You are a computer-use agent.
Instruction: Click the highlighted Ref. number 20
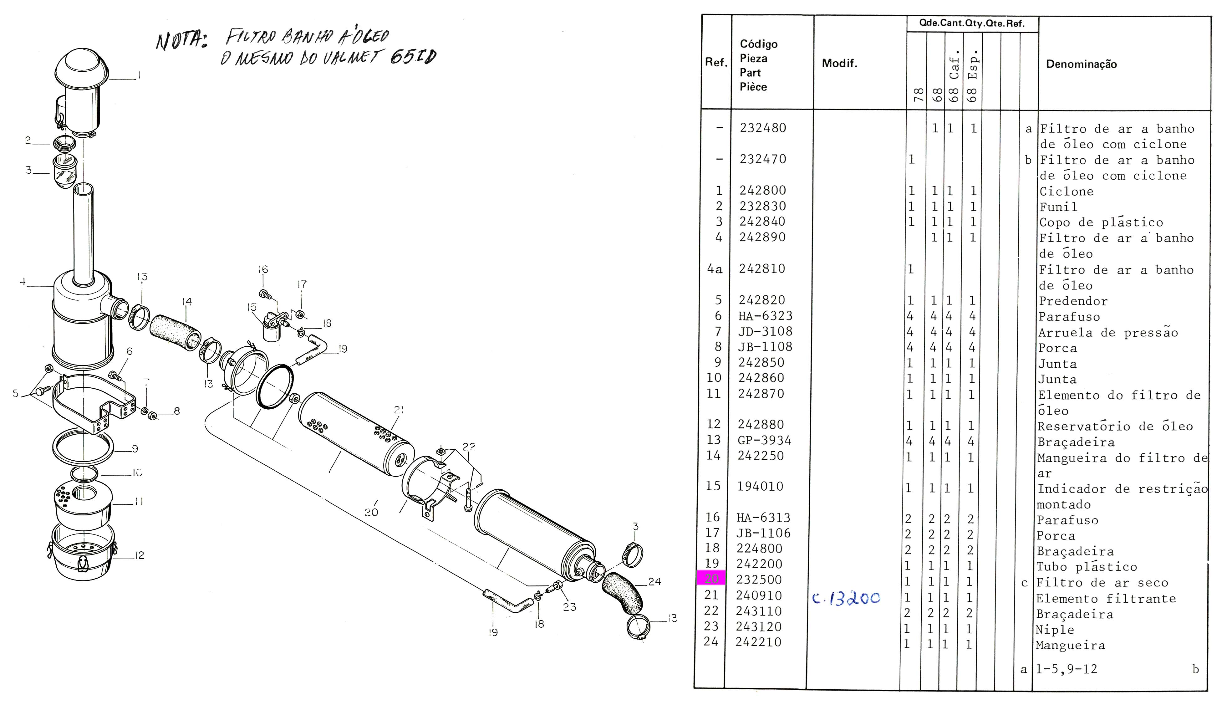pyautogui.click(x=711, y=579)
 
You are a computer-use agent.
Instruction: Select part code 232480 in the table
pyautogui.click(x=763, y=128)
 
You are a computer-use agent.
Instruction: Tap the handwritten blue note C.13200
pyautogui.click(x=846, y=599)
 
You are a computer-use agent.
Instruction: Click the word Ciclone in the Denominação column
pyautogui.click(x=1066, y=191)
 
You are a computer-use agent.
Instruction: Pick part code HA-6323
pyautogui.click(x=765, y=316)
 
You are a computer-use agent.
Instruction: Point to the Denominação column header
pyautogui.click(x=1081, y=64)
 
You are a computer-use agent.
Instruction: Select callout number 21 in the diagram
pyautogui.click(x=398, y=410)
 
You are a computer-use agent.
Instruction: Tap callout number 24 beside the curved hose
pyautogui.click(x=654, y=581)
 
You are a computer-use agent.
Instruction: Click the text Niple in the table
pyautogui.click(x=1055, y=630)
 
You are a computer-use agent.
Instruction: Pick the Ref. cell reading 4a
pyautogui.click(x=715, y=269)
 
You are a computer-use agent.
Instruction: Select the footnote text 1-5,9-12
pyautogui.click(x=1066, y=669)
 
